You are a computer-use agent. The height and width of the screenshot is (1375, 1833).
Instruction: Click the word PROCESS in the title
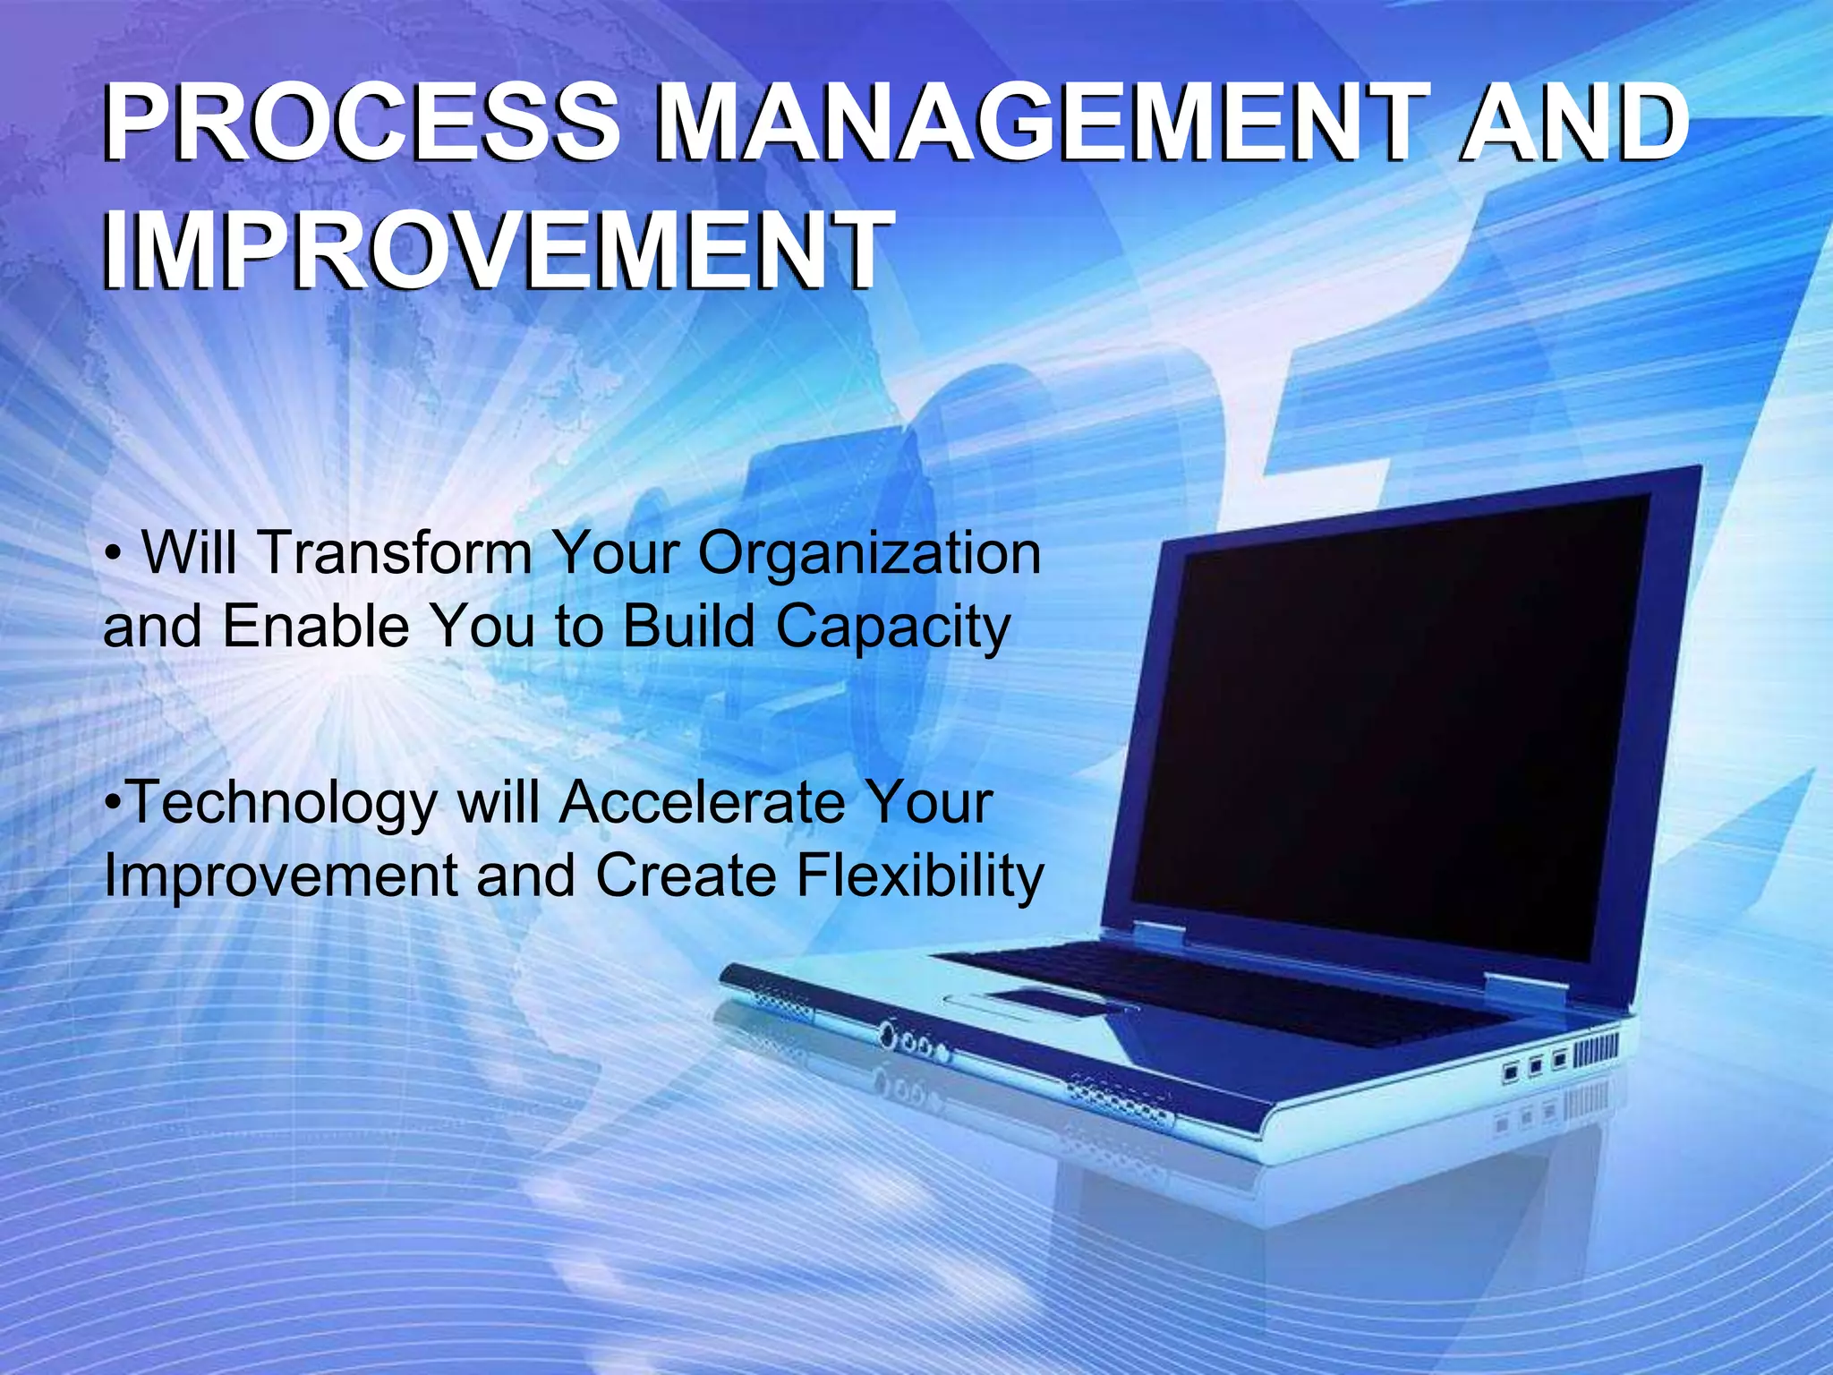pos(362,123)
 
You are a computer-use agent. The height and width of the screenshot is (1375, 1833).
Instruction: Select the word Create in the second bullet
pos(686,875)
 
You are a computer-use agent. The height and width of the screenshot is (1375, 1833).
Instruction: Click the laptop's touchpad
pos(1047,1001)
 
